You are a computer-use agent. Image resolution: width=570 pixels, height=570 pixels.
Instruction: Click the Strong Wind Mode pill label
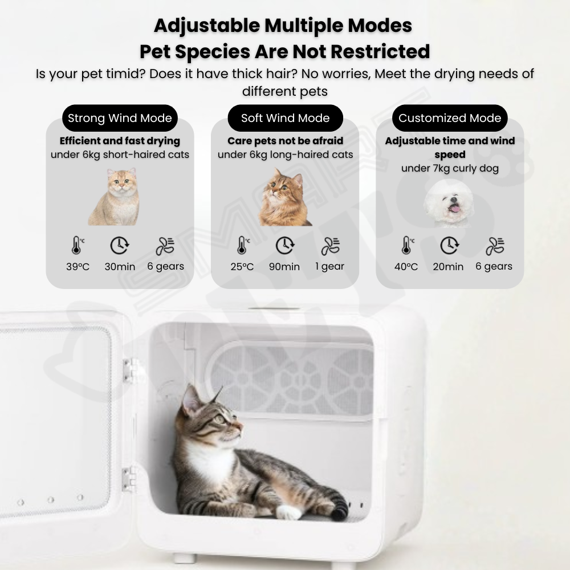click(x=120, y=118)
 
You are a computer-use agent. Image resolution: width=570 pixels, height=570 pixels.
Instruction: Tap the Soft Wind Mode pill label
click(x=286, y=118)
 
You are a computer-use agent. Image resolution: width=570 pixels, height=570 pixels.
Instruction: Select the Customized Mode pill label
click(x=450, y=118)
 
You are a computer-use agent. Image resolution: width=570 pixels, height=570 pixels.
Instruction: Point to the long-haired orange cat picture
click(x=284, y=197)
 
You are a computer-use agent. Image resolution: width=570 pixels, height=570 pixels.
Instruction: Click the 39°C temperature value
click(x=78, y=267)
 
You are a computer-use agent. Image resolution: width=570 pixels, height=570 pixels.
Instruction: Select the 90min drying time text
click(x=284, y=267)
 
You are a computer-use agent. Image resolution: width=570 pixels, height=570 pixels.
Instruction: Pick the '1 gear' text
click(x=329, y=266)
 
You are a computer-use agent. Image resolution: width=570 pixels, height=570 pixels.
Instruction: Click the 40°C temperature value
click(x=406, y=267)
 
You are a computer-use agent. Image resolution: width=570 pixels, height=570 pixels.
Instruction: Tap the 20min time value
click(x=448, y=267)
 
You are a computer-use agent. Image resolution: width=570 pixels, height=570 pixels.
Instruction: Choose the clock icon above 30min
click(x=120, y=245)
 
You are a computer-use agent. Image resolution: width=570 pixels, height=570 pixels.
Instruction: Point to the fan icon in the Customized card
click(x=494, y=246)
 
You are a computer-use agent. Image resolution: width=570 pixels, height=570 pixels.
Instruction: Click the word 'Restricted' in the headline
click(x=380, y=51)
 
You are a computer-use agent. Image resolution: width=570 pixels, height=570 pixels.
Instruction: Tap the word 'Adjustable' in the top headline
click(x=207, y=26)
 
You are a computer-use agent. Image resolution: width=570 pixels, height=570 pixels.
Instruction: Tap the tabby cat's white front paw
click(x=288, y=512)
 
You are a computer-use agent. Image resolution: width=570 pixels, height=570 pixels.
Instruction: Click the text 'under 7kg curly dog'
click(x=450, y=168)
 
